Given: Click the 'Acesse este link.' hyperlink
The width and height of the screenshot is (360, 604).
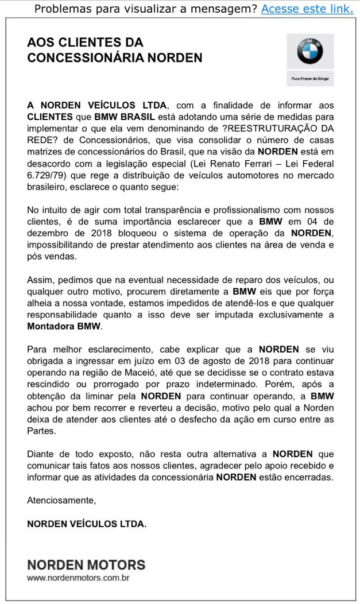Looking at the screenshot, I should (x=307, y=9).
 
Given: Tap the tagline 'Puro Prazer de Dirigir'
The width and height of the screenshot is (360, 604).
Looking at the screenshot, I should (x=309, y=78).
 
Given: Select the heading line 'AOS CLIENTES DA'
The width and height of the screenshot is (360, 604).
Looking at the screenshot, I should (x=85, y=42).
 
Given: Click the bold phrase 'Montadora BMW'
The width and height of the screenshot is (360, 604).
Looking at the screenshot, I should (x=64, y=326).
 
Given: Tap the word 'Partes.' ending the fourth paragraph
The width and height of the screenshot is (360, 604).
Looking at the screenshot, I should (x=41, y=430).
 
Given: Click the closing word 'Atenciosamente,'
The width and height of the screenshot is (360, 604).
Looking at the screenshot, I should (x=61, y=500).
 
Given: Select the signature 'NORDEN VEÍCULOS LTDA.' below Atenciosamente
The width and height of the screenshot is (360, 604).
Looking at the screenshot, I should (x=87, y=524).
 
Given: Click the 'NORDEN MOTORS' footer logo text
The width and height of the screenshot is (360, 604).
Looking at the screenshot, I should (x=86, y=565).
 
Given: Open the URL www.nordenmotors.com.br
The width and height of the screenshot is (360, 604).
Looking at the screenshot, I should (x=78, y=578).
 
